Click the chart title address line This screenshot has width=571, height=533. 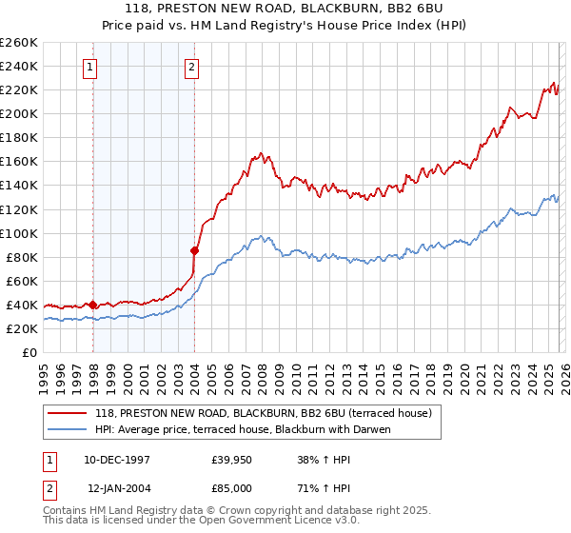pos(285,10)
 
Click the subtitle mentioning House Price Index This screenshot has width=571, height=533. pos(285,26)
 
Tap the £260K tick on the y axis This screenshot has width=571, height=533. pos(19,43)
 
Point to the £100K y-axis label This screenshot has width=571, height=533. pos(19,233)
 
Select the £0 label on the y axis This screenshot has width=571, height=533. pos(30,352)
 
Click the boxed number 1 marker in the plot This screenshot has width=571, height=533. pos(89,67)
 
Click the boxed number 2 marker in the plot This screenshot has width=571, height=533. pos(191,67)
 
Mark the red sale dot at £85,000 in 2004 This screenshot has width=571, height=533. pos(194,250)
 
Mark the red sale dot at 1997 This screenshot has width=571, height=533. pos(92,305)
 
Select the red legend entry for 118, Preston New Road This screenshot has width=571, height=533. pos(264,413)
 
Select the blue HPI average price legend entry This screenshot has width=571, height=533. pos(243,429)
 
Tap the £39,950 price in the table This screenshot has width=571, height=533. pos(232,460)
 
